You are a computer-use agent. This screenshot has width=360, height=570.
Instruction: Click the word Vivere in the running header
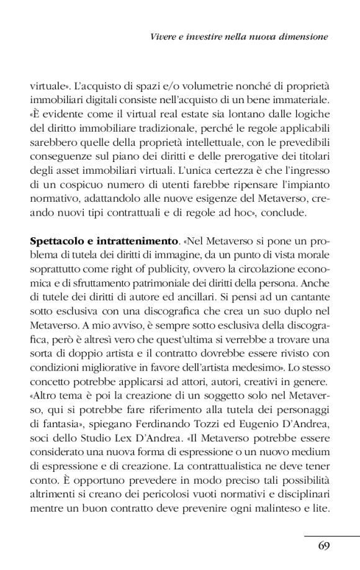click(x=163, y=37)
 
